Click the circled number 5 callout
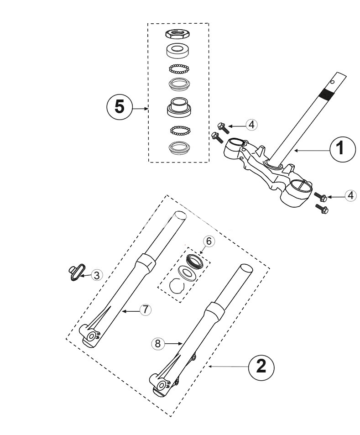pos(120,108)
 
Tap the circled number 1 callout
pos(343,149)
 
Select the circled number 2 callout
pos(261,367)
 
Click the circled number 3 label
pos(97,276)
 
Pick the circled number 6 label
pos(209,241)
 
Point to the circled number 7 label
pos(146,309)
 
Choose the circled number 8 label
pos(157,344)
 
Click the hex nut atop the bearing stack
pos(177,34)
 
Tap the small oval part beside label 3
pos(77,273)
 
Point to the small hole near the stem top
pos(332,82)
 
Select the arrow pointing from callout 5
pos(141,109)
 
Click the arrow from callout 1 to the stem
pos(312,150)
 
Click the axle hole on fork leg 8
pos(162,385)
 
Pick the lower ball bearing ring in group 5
pos(180,130)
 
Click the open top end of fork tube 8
pos(246,268)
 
